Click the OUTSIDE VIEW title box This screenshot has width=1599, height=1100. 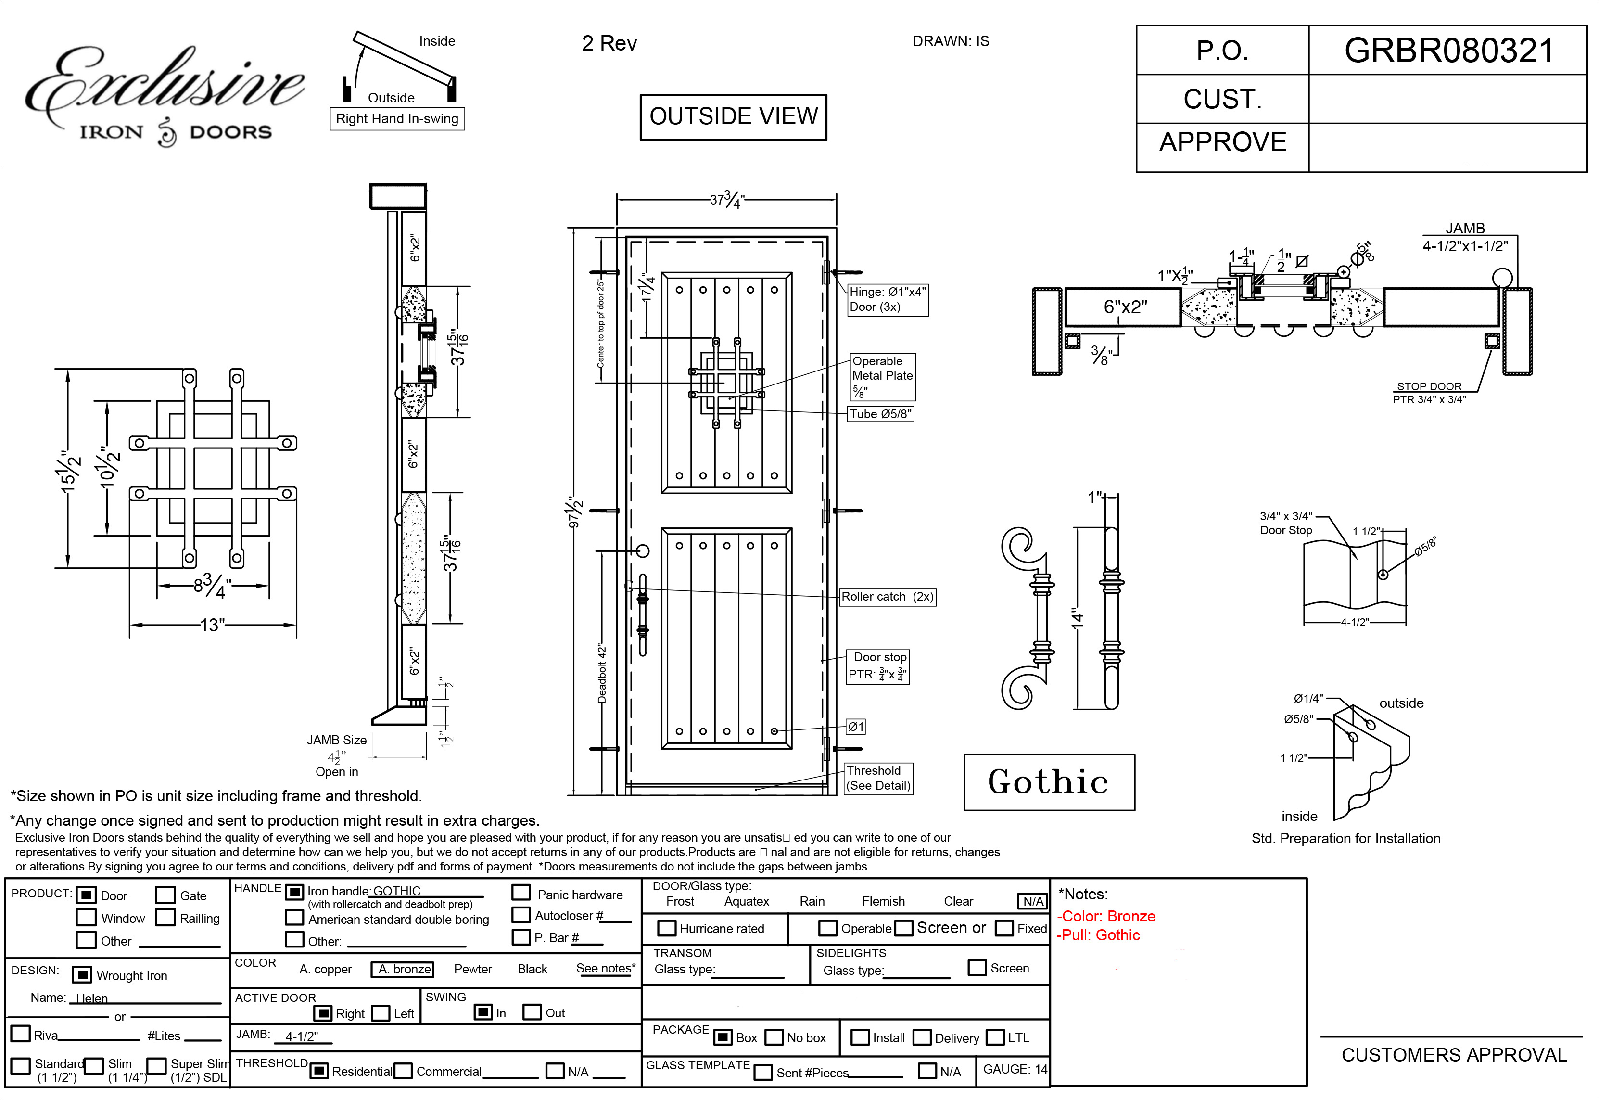tap(733, 116)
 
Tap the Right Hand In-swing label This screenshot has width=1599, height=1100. tap(397, 118)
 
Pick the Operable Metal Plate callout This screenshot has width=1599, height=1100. tap(883, 376)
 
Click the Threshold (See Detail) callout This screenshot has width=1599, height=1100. tap(878, 778)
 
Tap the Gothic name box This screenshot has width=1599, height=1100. tap(1049, 782)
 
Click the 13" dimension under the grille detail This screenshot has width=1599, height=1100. tap(212, 625)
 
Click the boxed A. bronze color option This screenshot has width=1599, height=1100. tap(402, 969)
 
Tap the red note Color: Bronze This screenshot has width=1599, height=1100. tap(1108, 917)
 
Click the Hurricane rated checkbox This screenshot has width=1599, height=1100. tap(666, 928)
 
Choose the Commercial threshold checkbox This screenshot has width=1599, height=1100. tap(403, 1071)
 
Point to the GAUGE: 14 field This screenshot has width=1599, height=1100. tap(1014, 1069)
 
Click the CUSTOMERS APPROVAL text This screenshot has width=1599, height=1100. tap(1454, 1055)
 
